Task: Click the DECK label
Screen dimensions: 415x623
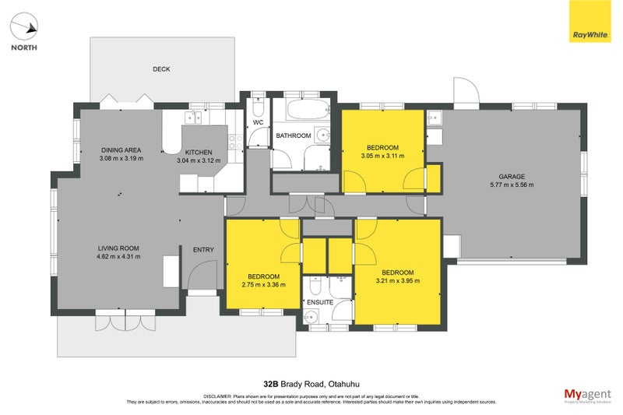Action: [x=161, y=70]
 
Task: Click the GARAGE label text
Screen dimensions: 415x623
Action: [x=512, y=177]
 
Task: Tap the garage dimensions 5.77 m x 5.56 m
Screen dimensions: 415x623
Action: [x=512, y=185]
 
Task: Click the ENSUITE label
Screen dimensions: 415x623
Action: [x=320, y=301]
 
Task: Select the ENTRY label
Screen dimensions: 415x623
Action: [x=203, y=250]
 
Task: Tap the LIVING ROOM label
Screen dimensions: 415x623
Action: [x=118, y=248]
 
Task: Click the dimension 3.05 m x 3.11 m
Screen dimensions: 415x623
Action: [x=383, y=157]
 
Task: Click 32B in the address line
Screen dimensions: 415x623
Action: [x=270, y=384]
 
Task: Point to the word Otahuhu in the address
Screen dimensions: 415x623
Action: [x=340, y=384]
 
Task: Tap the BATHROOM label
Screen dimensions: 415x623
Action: [x=294, y=136]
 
